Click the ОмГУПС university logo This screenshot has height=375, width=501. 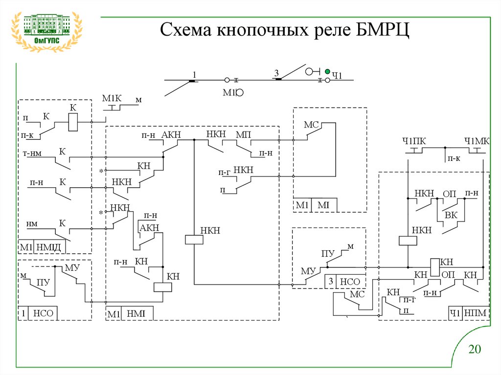(x=46, y=32)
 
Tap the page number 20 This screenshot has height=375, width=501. (x=475, y=349)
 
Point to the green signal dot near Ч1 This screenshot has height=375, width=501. (x=327, y=71)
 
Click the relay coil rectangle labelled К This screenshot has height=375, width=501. (x=73, y=122)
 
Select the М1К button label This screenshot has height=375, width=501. (x=112, y=98)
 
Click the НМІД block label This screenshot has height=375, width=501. (x=48, y=247)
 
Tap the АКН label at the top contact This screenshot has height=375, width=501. (x=171, y=135)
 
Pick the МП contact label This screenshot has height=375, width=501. (x=243, y=135)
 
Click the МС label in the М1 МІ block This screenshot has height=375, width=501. (x=311, y=124)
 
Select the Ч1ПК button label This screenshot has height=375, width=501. (x=414, y=141)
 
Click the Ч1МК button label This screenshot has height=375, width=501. (x=477, y=141)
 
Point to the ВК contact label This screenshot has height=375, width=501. (x=451, y=215)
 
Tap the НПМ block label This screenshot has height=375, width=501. (x=475, y=313)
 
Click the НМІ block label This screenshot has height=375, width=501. (x=136, y=314)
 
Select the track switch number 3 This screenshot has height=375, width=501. (x=276, y=73)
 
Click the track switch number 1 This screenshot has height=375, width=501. (x=194, y=75)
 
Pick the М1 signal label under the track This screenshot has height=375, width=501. (x=229, y=92)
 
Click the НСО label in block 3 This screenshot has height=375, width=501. (x=350, y=282)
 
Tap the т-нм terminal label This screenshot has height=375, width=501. (x=32, y=154)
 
